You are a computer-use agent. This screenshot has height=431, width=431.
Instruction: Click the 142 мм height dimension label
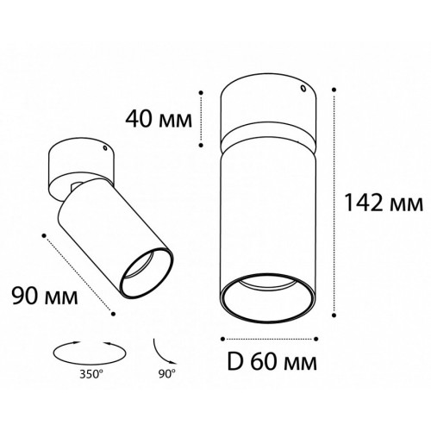384,203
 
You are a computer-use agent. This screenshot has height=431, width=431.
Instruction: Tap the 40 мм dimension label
159,119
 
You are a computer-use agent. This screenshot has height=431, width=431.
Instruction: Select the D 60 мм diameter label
272,361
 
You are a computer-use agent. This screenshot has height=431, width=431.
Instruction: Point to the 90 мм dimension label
45,296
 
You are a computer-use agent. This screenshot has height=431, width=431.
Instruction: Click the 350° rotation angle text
91,374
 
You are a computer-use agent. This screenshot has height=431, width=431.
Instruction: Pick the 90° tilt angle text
167,374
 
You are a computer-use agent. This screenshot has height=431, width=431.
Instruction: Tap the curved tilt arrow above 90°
162,353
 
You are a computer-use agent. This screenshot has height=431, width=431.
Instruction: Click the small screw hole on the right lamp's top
303,89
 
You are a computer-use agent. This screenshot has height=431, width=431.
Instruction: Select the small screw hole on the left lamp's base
105,148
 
